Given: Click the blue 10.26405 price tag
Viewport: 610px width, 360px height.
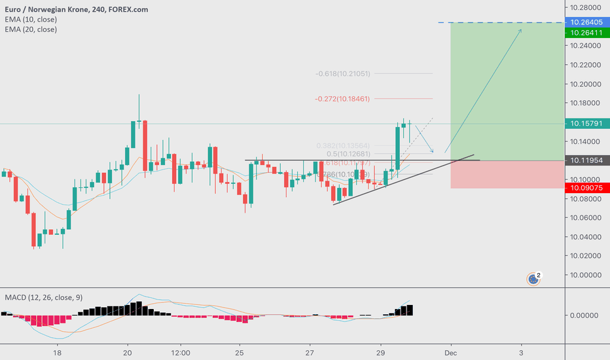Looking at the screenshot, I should point(586,23).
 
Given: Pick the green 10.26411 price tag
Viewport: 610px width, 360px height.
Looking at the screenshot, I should point(586,33).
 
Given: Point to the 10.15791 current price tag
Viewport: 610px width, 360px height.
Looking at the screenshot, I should point(586,123).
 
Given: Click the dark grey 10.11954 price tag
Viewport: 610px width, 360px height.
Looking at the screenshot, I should point(586,160).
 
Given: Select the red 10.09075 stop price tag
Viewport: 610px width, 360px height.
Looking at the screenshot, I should point(586,189).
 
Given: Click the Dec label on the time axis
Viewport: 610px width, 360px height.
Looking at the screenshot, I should point(450,351).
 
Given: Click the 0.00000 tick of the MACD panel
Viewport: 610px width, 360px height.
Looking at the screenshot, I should point(584,315).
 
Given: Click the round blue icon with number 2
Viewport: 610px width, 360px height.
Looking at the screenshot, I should point(534,279).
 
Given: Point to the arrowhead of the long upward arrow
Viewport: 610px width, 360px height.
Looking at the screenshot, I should point(521,29).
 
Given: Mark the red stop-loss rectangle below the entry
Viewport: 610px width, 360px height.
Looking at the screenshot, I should point(507,174).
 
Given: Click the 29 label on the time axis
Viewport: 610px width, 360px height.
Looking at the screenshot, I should point(380,351).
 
